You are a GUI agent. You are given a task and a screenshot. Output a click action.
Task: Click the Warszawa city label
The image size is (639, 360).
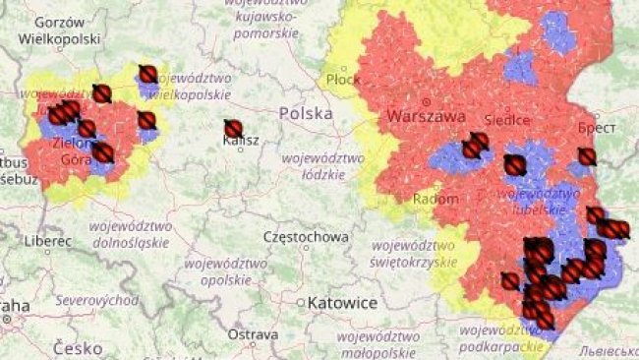click(426, 116)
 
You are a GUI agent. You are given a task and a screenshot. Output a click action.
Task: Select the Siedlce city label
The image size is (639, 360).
click(507, 119)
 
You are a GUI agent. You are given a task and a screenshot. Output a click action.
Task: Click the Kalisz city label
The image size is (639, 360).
click(241, 141)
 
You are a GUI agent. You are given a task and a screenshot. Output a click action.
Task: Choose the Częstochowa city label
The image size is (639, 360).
click(306, 237)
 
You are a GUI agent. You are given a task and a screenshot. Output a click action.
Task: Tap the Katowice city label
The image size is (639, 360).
click(341, 303)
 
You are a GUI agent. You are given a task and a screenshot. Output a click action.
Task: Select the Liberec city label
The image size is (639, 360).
click(49, 240)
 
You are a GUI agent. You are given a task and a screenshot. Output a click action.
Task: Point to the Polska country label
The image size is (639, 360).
click(306, 113)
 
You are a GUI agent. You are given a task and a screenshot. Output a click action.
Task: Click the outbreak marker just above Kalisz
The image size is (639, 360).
click(233, 128)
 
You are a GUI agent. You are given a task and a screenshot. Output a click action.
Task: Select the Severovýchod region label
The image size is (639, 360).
click(96, 299)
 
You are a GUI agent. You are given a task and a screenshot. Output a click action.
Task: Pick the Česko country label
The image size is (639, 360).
click(78, 348)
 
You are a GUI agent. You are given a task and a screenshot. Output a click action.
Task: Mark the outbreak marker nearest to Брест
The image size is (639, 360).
click(587, 156)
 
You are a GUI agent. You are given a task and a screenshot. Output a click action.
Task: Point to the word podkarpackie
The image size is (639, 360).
click(500, 347)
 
